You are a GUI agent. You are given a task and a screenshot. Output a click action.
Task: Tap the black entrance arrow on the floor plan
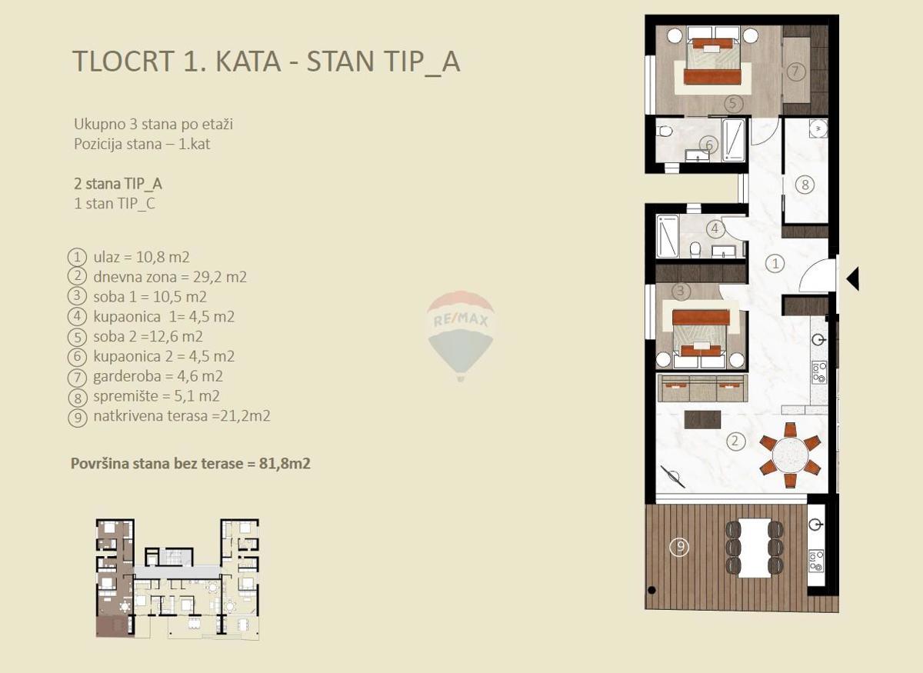coord(853,279)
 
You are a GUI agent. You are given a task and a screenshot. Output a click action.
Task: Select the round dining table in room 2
coord(790,455)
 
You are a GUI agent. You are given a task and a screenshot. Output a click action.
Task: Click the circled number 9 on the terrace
coord(680,547)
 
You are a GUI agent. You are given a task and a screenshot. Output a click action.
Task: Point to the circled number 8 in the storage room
coord(805,185)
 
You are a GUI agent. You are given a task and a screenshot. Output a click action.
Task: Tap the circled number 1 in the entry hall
coord(775,263)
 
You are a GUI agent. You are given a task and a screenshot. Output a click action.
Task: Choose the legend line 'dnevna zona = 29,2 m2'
coord(170,277)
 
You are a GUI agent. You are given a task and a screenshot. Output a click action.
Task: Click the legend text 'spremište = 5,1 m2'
coord(157,396)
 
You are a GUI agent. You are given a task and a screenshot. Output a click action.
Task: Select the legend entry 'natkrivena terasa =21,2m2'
coord(182,416)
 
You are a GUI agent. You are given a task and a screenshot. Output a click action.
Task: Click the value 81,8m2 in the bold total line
coord(285,464)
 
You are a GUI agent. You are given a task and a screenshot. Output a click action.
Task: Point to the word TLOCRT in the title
coord(123,61)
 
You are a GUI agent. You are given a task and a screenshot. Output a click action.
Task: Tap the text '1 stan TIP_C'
coord(115,204)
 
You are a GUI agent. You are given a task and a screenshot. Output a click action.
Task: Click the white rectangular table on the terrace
coord(754,548)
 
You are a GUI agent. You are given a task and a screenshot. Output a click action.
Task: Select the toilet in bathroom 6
coord(665,132)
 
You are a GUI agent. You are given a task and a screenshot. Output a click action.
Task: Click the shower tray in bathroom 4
coord(668,235)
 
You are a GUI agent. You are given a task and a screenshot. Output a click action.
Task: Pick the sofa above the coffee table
coord(701,388)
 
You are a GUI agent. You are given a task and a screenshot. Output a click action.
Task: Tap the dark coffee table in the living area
coord(702,419)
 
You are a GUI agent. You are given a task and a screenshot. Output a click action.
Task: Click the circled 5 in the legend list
coord(78,337)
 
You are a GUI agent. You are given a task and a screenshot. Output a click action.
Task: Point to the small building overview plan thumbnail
coord(178,579)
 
